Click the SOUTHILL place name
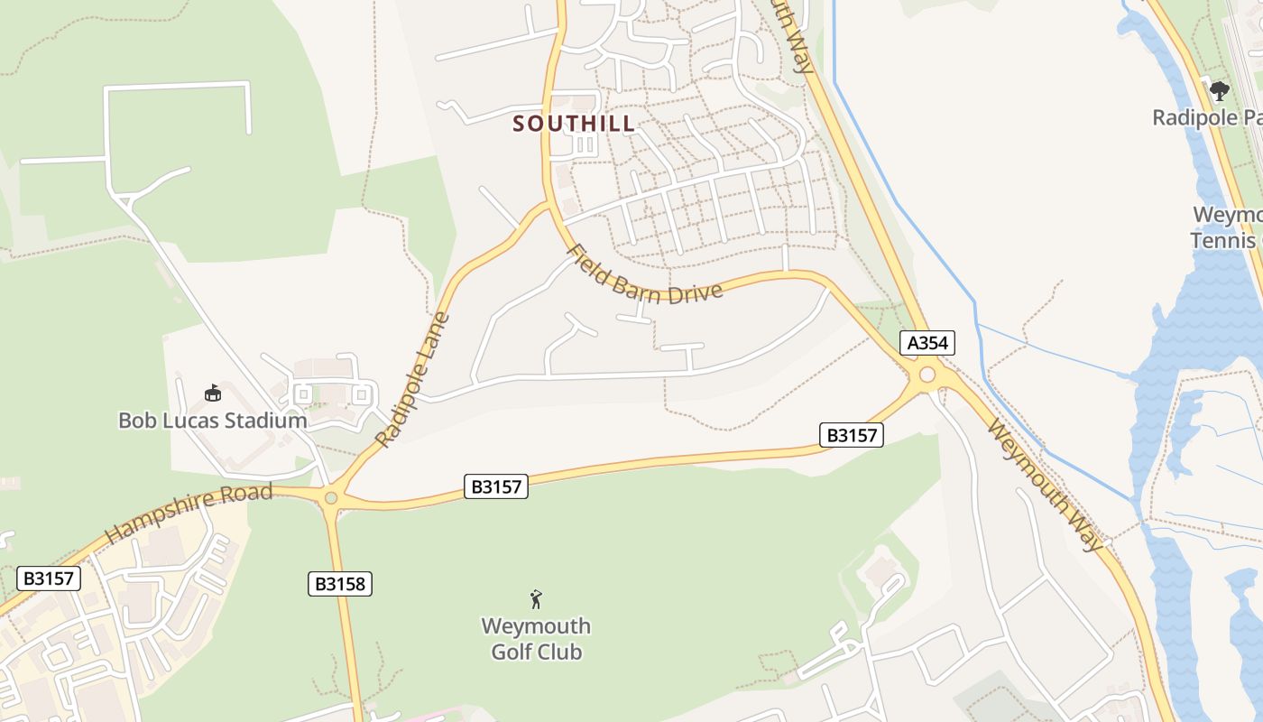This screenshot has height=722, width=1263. pos(574,124)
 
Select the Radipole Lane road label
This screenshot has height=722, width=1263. pos(413,380)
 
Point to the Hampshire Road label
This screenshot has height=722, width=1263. pos(189,512)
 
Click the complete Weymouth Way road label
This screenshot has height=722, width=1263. pos(1046,484)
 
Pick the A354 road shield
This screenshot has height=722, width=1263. pos(927,343)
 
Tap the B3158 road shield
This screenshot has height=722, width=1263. pos(340,584)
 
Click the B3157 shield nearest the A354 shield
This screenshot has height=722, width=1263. pos(852,435)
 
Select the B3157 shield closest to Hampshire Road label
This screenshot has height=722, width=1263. pos(496,486)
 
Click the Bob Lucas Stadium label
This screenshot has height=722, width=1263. pos(213,421)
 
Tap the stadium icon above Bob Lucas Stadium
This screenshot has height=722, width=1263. pos(213,393)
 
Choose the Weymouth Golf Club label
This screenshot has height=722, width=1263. pos(536,638)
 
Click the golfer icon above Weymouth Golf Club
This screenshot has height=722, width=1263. pos(536,598)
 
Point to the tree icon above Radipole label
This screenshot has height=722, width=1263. pos(1220,90)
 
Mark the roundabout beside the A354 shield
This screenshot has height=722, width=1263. pos(927,374)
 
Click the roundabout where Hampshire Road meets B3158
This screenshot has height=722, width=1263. pos(331,497)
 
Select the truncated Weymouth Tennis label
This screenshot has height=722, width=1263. pos(1226,227)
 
